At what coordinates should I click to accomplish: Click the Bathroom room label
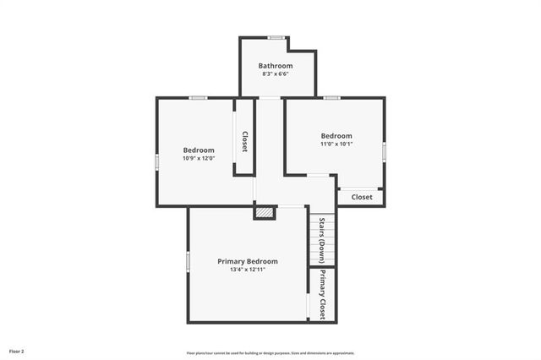click(276, 66)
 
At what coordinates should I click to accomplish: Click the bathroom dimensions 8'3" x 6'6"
click(276, 74)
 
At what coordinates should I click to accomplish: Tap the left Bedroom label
click(199, 150)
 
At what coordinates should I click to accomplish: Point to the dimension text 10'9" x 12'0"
click(199, 158)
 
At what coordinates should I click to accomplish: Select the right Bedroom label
click(336, 135)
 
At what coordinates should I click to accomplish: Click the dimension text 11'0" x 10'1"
click(336, 144)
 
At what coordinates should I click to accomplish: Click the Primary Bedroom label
click(247, 261)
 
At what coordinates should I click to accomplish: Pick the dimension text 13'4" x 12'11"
click(247, 270)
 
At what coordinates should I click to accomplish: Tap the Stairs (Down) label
click(322, 240)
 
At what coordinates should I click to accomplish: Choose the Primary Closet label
click(322, 294)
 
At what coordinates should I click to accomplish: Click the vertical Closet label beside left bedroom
click(244, 141)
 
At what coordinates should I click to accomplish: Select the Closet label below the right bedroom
click(361, 197)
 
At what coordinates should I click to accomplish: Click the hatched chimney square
click(265, 213)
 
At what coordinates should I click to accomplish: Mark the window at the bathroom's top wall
click(276, 37)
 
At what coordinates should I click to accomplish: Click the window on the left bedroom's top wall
click(198, 98)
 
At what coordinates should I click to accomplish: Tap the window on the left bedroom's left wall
click(156, 161)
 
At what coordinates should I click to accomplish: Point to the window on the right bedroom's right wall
click(384, 150)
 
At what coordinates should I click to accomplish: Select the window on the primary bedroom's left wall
click(189, 261)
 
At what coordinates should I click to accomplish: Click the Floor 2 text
click(17, 351)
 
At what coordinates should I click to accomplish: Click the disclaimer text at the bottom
click(270, 353)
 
